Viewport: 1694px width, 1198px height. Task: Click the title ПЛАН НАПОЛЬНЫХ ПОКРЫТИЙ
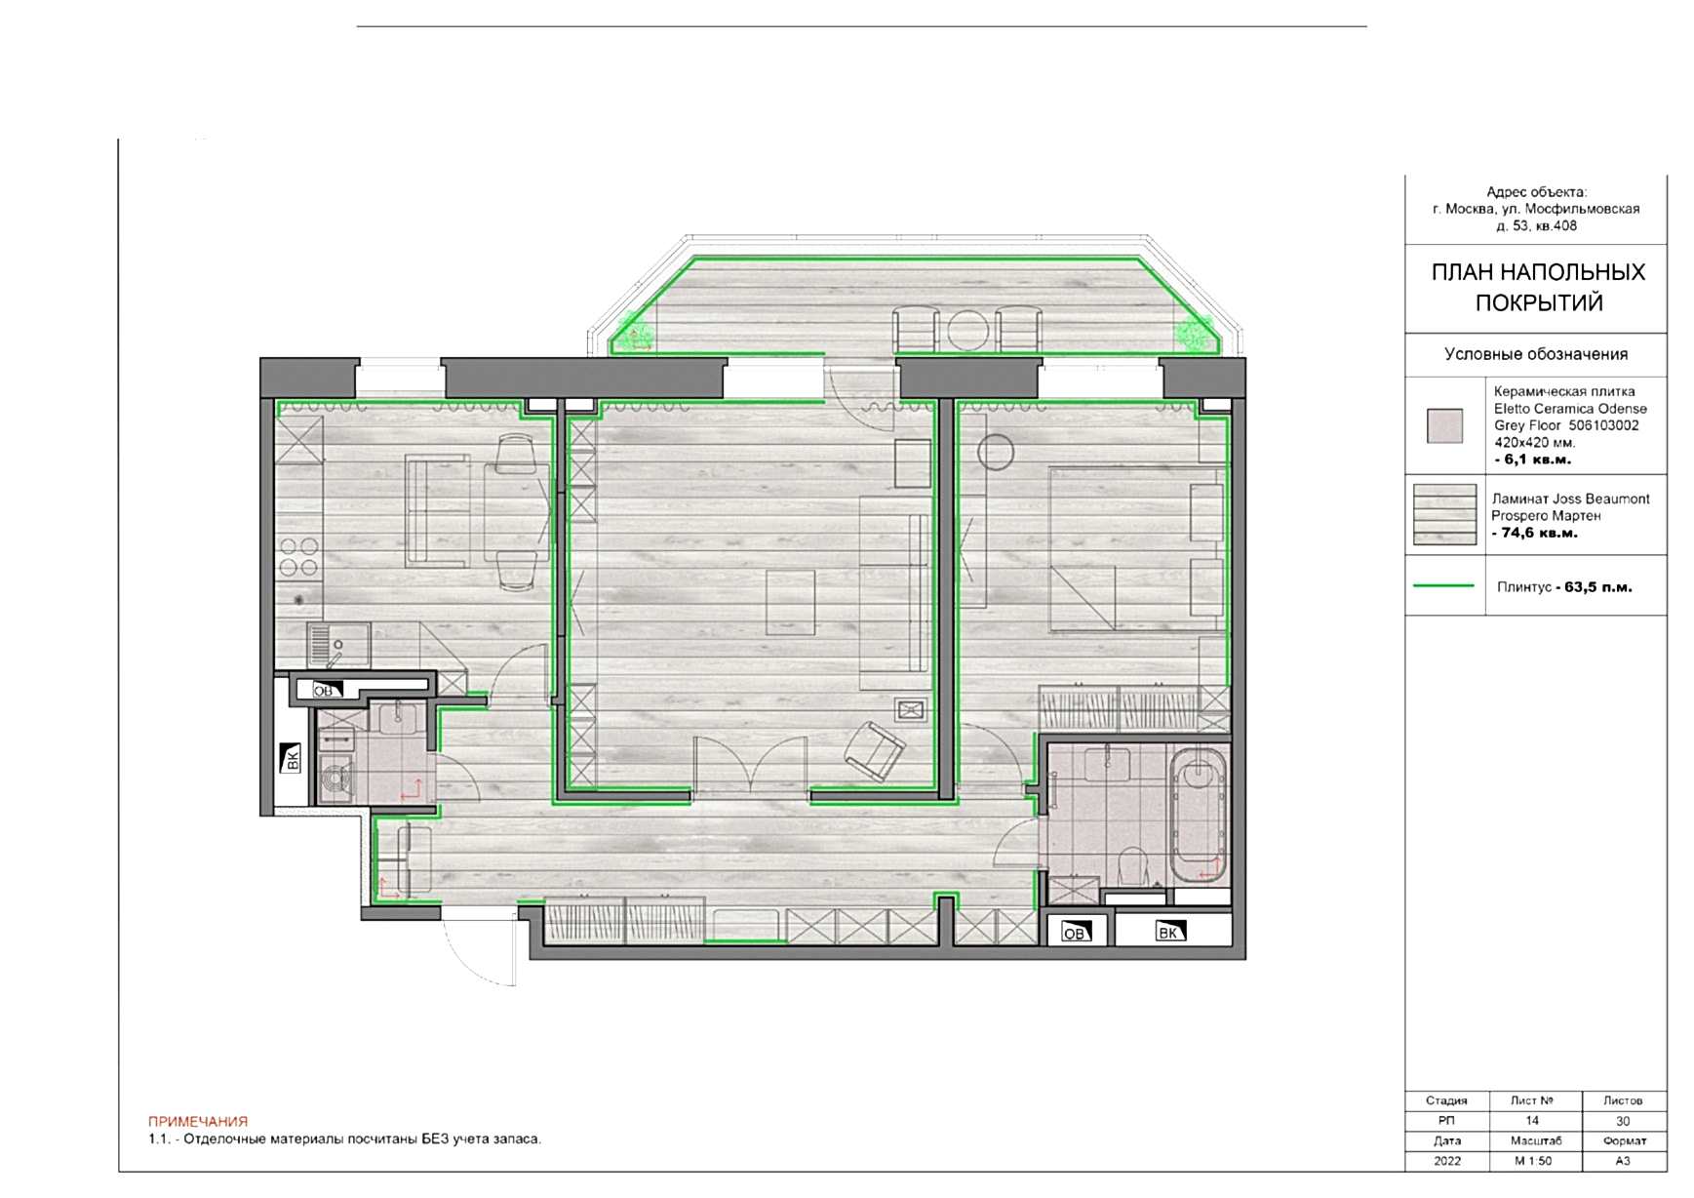click(x=1538, y=287)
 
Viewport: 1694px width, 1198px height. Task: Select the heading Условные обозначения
click(x=1536, y=354)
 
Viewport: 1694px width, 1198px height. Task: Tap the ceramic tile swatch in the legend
click(x=1444, y=426)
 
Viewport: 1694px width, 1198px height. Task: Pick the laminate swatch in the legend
click(x=1444, y=514)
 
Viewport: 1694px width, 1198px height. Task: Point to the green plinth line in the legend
click(x=1443, y=586)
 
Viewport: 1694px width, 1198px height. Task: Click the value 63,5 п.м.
click(x=1598, y=587)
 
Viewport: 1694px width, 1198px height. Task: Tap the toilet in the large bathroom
click(x=1132, y=865)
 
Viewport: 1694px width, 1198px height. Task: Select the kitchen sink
click(x=337, y=645)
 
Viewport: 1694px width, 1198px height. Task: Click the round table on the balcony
click(x=967, y=330)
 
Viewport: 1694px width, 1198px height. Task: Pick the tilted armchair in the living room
click(x=875, y=751)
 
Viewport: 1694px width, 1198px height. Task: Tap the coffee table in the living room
click(x=790, y=603)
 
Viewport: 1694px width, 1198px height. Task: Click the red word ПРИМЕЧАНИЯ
click(x=198, y=1122)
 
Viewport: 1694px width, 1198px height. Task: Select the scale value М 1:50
click(x=1533, y=1161)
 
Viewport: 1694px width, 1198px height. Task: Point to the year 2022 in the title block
click(x=1447, y=1161)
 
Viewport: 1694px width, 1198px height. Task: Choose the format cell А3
click(x=1623, y=1161)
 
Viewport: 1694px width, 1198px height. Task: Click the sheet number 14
click(x=1532, y=1121)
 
